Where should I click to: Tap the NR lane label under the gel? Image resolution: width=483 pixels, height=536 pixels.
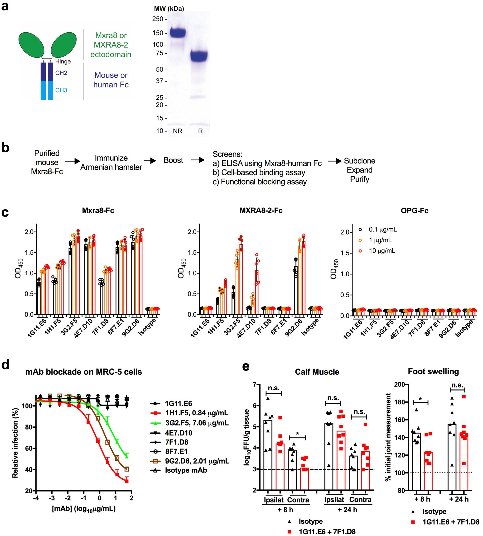point(178,131)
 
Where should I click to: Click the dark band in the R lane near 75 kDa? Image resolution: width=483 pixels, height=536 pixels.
point(199,56)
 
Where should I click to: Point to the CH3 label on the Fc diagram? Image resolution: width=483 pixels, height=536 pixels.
point(61,90)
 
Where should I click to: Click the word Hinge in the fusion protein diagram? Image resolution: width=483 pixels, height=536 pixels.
point(63,62)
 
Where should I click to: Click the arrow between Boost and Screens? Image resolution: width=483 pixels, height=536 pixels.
point(198,160)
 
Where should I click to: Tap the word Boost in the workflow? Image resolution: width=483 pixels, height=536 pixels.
point(173,160)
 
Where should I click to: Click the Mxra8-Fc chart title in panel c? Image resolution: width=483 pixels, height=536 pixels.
point(98,211)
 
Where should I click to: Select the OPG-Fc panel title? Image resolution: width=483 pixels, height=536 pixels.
point(415,211)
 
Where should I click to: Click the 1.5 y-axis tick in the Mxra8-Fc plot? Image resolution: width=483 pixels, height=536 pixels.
point(29,253)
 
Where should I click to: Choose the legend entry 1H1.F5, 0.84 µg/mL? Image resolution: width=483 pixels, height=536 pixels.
point(196,413)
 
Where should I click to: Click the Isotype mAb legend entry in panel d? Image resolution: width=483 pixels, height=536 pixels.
point(186,470)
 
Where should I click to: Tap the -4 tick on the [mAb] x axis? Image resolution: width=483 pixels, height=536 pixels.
point(36,498)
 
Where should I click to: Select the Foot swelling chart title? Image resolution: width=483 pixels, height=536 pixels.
point(433,371)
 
